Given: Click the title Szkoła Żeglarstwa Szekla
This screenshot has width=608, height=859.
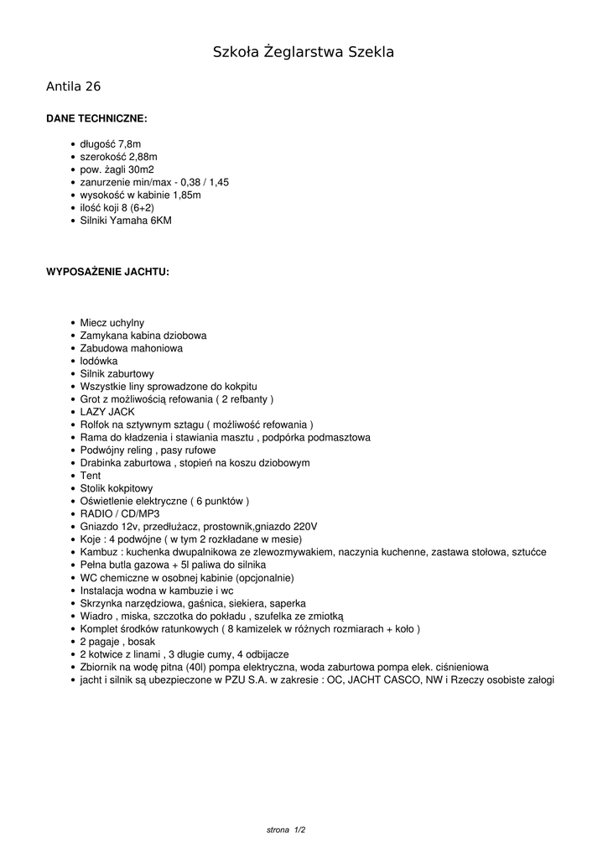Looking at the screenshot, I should pyautogui.click(x=304, y=53).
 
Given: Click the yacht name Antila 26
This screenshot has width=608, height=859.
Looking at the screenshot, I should pyautogui.click(x=74, y=86).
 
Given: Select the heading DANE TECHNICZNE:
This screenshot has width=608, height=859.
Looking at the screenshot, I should pyautogui.click(x=96, y=119).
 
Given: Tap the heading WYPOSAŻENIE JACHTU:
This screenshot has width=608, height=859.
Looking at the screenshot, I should pyautogui.click(x=107, y=272).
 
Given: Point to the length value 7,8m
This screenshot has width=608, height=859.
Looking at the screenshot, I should pyautogui.click(x=130, y=144).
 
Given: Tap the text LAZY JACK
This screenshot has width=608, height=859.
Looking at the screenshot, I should pyautogui.click(x=107, y=412).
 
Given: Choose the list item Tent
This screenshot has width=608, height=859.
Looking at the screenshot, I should pyautogui.click(x=91, y=476).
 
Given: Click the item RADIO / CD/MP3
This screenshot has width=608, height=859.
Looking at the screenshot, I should pyautogui.click(x=120, y=513).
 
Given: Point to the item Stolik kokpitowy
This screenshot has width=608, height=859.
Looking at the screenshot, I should pyautogui.click(x=117, y=488).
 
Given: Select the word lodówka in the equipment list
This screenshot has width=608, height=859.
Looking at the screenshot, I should pyautogui.click(x=99, y=361).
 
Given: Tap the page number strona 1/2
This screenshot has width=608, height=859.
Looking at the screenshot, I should pyautogui.click(x=286, y=830).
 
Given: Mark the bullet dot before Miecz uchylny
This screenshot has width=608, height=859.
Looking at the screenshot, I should pyautogui.click(x=74, y=323).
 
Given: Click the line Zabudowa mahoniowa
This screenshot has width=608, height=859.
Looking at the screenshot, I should pyautogui.click(x=132, y=348).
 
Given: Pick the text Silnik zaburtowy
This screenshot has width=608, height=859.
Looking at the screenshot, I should pyautogui.click(x=117, y=373).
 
